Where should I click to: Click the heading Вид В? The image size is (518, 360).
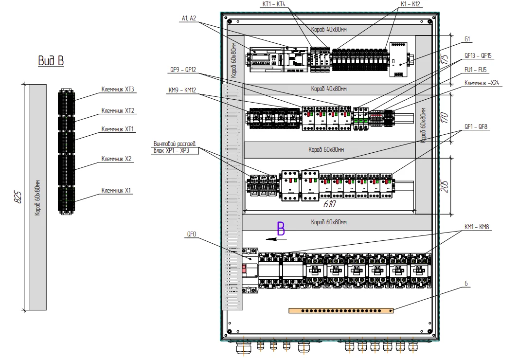pos(51,61)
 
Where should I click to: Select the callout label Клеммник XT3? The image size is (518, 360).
pos(118,89)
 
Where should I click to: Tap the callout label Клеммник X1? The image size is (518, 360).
pos(116,191)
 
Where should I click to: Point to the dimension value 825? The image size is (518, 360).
pos(18,197)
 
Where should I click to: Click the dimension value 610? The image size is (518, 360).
pos(329,204)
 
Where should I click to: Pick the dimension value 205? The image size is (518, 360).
pos(445,186)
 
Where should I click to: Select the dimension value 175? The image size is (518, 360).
pos(445,59)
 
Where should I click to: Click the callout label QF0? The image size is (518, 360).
pos(192,234)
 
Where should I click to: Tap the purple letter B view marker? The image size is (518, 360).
pos(281,228)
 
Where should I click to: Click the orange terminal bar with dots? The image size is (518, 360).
pos(341,310)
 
